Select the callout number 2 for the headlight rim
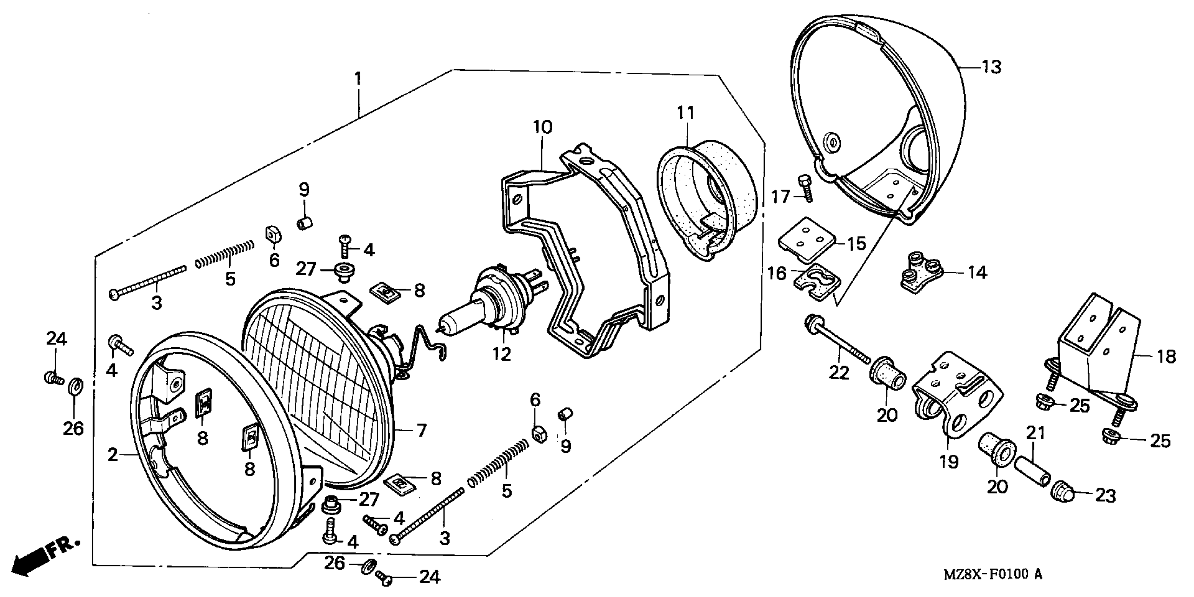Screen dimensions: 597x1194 [113, 455]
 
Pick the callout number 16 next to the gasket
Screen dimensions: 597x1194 [777, 273]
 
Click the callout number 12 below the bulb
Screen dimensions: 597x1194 [501, 354]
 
